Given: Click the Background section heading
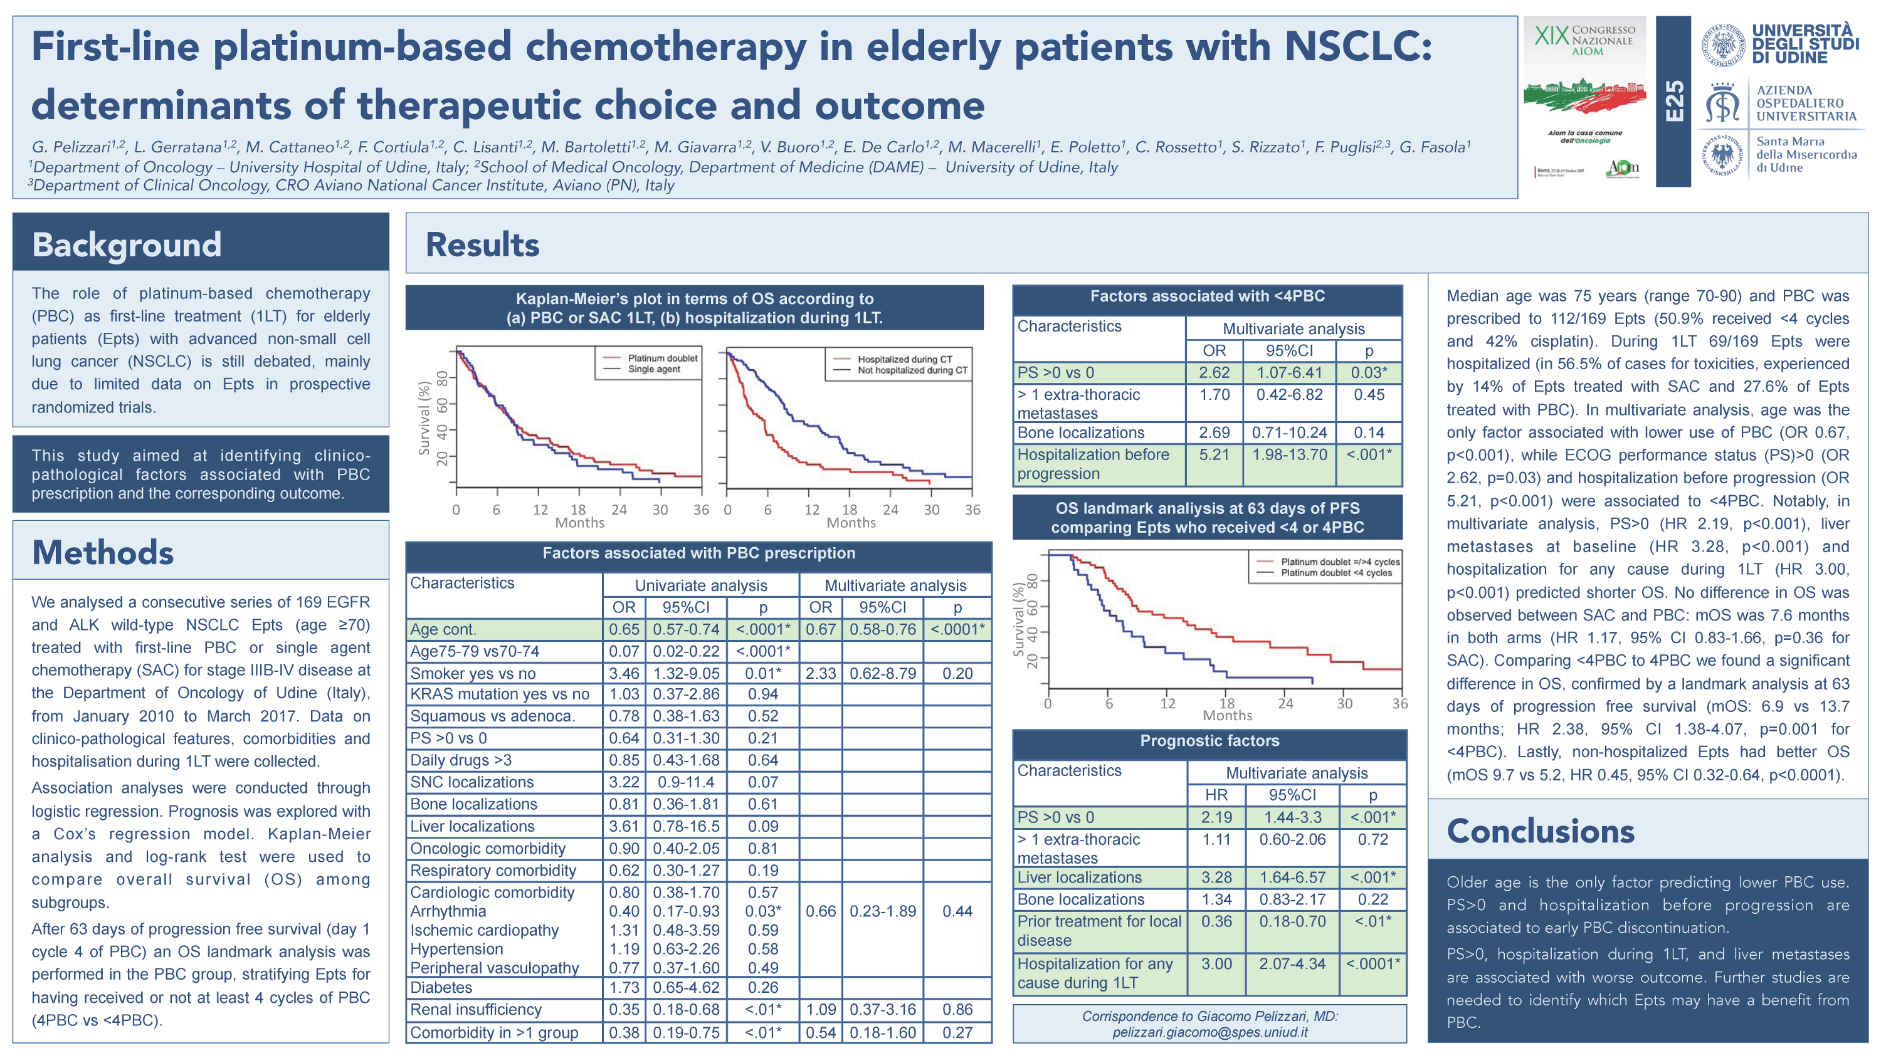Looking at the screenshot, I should point(126,244).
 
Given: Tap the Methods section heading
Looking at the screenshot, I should point(103,553).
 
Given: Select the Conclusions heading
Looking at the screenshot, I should point(1540,831).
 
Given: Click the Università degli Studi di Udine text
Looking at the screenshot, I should point(1805,44).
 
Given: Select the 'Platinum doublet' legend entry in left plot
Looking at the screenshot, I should point(661,358).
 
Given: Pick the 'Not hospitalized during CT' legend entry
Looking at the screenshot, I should point(912,370).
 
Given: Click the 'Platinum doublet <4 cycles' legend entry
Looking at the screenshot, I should point(1336,573).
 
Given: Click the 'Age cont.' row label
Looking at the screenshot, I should point(443,629).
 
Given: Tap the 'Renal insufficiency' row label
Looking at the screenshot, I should point(475,1010).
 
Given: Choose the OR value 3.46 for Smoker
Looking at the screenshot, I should point(624,673).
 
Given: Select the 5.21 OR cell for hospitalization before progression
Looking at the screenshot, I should point(1214,455).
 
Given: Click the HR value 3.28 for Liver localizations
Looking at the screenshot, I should point(1216,877).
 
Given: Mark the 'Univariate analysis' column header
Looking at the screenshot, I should point(700,585).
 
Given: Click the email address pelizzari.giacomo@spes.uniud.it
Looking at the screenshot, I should point(1209,1032).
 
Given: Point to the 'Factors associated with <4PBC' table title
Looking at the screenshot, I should point(1207,296).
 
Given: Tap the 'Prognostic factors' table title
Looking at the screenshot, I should point(1209,741).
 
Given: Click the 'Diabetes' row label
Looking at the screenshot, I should point(441,988).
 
